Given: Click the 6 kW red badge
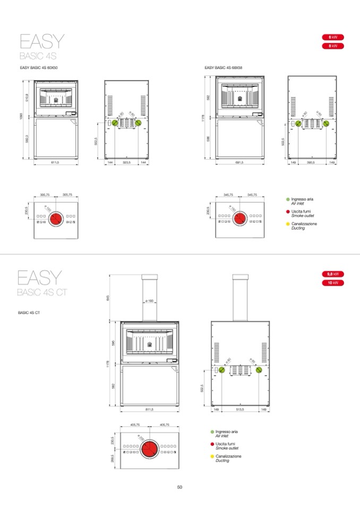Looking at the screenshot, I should pyautogui.click(x=333, y=37).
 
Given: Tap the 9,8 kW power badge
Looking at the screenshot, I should pyautogui.click(x=333, y=274).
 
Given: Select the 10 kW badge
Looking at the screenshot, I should pyautogui.click(x=333, y=283).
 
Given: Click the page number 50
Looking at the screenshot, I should pyautogui.click(x=179, y=487).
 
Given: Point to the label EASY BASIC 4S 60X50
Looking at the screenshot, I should pyautogui.click(x=39, y=68).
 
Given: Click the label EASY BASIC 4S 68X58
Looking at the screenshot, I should pyautogui.click(x=224, y=68).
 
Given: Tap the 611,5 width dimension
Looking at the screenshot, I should pyautogui.click(x=55, y=162).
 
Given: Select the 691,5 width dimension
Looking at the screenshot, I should pyautogui.click(x=239, y=162).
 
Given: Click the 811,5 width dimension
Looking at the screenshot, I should pyautogui.click(x=149, y=410).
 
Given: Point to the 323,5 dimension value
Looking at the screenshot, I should pyautogui.click(x=126, y=162).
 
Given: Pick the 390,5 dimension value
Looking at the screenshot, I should pyautogui.click(x=311, y=162).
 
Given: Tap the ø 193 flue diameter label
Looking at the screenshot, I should pyautogui.click(x=149, y=301).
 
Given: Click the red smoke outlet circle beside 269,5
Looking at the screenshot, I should pyautogui.click(x=149, y=449).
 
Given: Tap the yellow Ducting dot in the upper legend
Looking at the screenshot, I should pyautogui.click(x=287, y=224).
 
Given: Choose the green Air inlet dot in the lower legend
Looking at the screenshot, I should pyautogui.click(x=212, y=432).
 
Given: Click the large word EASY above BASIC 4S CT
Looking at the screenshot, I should pyautogui.click(x=40, y=278).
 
